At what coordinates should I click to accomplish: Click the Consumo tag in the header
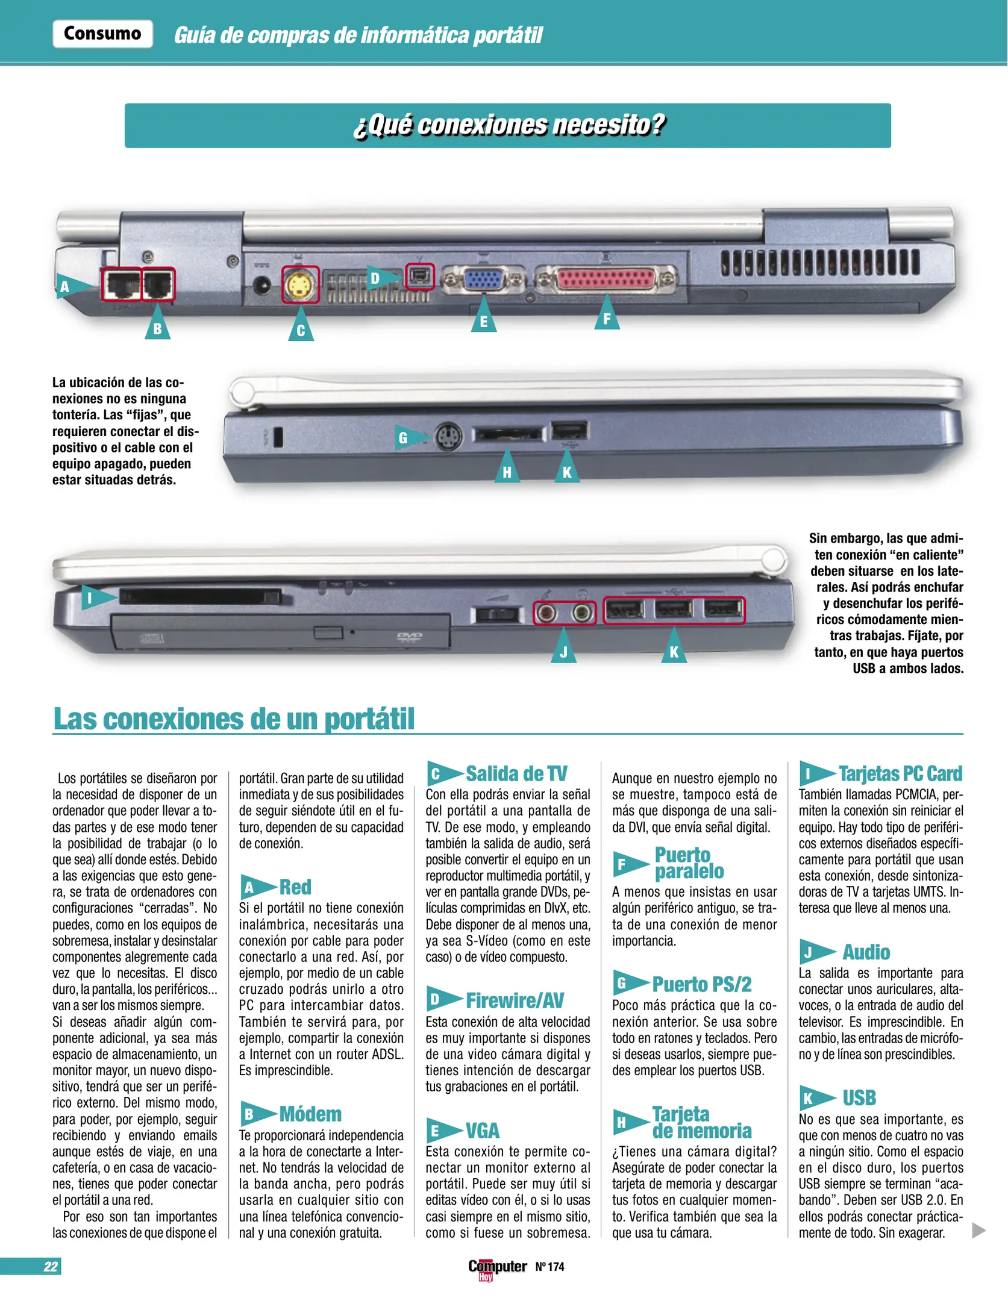click(102, 34)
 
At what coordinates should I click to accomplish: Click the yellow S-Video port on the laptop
click(300, 285)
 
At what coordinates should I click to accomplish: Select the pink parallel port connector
click(606, 279)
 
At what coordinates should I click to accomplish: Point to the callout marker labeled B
click(157, 326)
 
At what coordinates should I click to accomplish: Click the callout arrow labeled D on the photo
click(380, 278)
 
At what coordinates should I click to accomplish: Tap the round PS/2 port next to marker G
click(448, 436)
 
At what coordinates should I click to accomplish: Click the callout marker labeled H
click(507, 469)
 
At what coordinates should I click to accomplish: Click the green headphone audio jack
click(581, 613)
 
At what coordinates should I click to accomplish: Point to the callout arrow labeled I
click(96, 597)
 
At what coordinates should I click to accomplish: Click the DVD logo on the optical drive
click(409, 637)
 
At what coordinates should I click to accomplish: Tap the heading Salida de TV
click(516, 773)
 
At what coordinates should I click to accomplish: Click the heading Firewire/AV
click(515, 1000)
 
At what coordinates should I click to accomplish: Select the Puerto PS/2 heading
click(702, 984)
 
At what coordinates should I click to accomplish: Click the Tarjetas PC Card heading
click(900, 773)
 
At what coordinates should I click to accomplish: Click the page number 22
click(51, 1266)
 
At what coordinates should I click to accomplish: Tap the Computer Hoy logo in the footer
click(496, 1267)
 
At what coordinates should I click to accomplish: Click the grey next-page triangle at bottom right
click(978, 1231)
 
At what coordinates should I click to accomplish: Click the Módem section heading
click(310, 1114)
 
